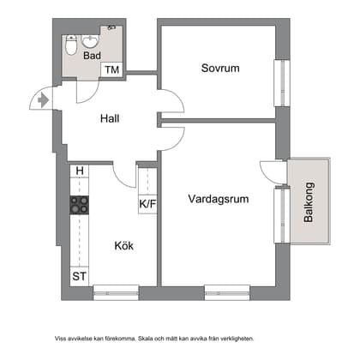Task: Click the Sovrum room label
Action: [x=219, y=68]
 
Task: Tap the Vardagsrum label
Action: [x=219, y=199]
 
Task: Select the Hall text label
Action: [x=109, y=119]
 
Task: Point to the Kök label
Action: [x=123, y=245]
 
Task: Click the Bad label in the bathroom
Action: [x=92, y=56]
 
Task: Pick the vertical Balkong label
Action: [x=309, y=203]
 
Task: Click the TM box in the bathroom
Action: [x=111, y=70]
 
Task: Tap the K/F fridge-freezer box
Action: [x=147, y=204]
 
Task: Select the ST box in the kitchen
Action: [x=79, y=276]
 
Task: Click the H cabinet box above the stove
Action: [x=79, y=171]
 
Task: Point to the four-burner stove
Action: [x=79, y=205]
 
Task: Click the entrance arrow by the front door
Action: [x=42, y=100]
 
